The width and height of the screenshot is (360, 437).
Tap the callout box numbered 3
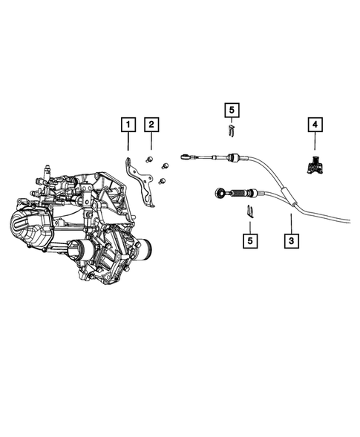(291, 240)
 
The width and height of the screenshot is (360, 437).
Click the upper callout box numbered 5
(232, 111)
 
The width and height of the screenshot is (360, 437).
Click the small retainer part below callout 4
(315, 166)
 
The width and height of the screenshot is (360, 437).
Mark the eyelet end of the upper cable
(185, 156)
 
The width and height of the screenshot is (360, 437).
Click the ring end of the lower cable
(220, 194)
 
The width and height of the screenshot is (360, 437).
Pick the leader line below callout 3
(291, 222)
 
